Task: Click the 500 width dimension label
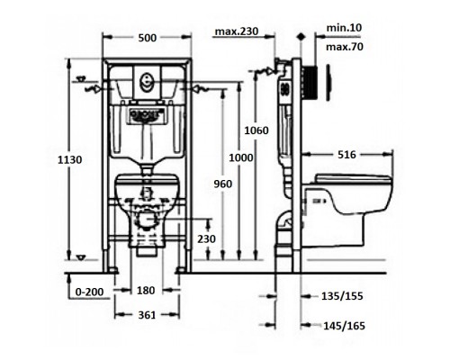(148, 38)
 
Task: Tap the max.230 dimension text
(238, 33)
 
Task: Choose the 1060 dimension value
(256, 130)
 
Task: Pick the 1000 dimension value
(239, 157)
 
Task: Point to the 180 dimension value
(148, 291)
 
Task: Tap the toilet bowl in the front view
(147, 198)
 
